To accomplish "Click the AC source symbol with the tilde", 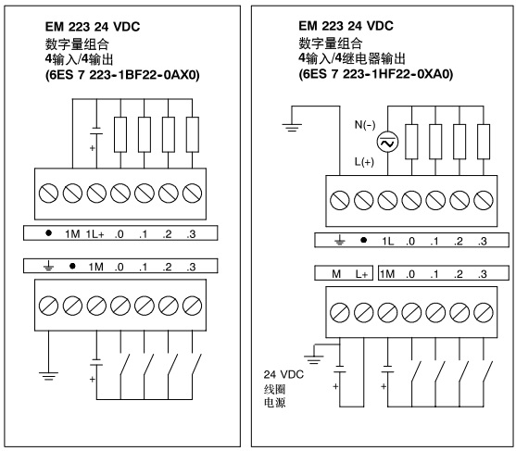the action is [387, 142].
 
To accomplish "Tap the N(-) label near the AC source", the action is [365, 125].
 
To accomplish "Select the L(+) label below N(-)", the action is [364, 162].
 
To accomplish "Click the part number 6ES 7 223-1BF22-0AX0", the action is [122, 75].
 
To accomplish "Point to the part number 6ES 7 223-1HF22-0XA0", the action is [376, 74].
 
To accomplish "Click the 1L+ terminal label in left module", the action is [94, 234].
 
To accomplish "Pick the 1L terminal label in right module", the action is [387, 242].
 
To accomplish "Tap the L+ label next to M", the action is [361, 274].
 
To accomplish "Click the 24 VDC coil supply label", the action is [283, 374].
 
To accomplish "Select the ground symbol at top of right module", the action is [292, 127].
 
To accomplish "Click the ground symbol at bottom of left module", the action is [48, 376].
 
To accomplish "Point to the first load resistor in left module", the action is [120, 134].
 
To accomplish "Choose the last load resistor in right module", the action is [484, 142].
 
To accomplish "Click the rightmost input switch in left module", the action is [196, 365].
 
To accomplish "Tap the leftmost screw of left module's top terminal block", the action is [48, 194].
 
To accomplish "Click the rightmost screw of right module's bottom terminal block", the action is [484, 312].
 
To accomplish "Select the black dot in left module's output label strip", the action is [48, 233].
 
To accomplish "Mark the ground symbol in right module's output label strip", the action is [340, 242].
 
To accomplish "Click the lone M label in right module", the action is [336, 274].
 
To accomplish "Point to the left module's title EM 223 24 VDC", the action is [93, 27].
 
